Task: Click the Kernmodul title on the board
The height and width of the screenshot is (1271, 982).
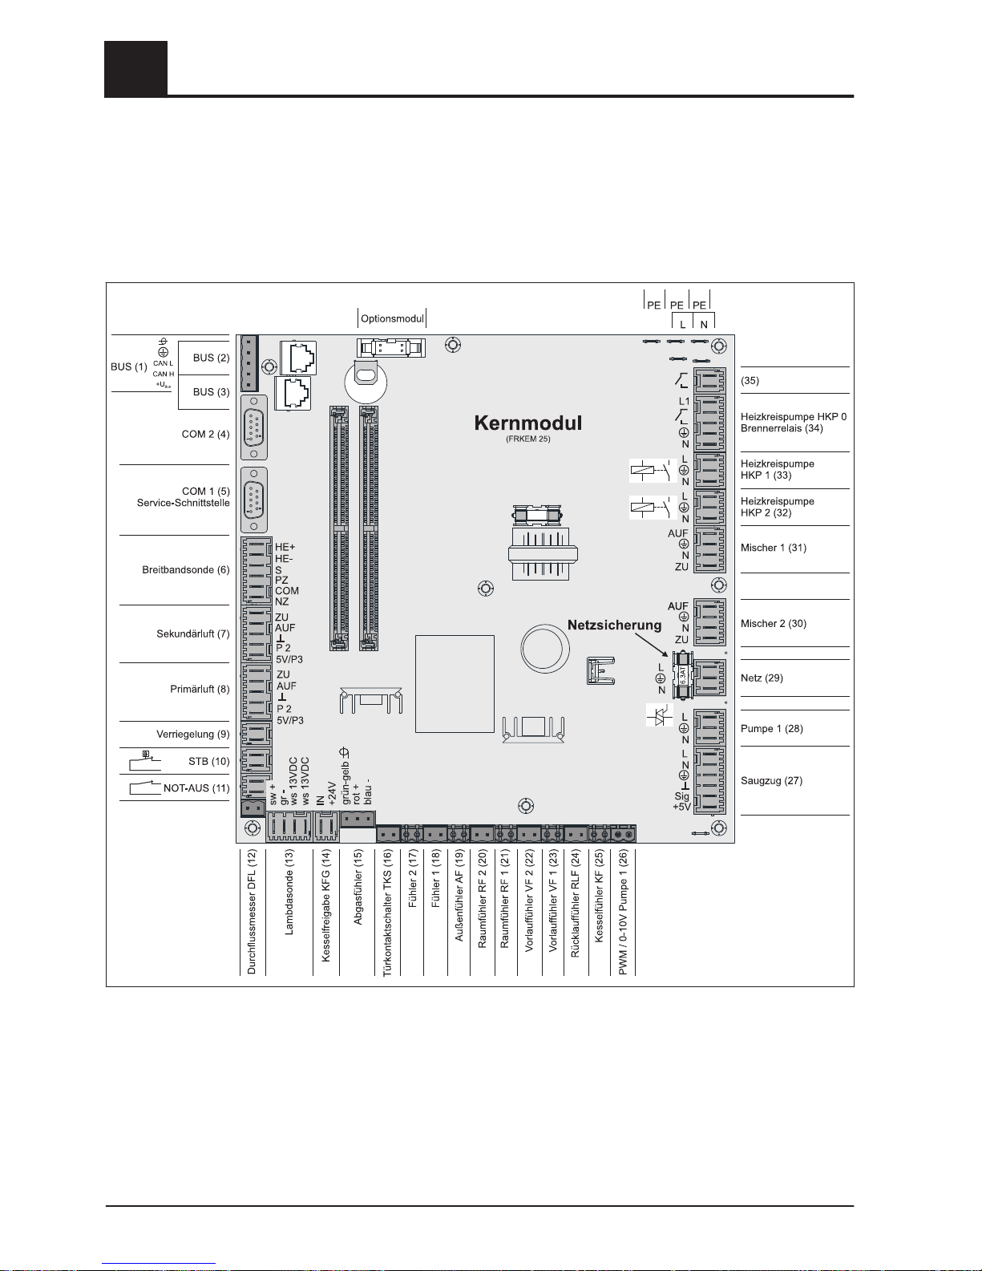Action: click(x=527, y=423)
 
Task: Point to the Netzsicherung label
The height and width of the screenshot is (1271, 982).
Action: click(x=615, y=625)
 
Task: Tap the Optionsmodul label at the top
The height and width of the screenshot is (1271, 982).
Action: click(x=392, y=318)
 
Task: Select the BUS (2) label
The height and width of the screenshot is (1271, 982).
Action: click(x=211, y=358)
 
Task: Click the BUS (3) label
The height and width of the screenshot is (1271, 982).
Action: click(x=211, y=392)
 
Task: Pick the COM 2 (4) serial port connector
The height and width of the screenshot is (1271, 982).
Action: click(x=253, y=434)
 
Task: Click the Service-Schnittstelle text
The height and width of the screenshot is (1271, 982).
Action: click(x=183, y=503)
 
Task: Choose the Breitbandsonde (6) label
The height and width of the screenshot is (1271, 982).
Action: click(x=185, y=570)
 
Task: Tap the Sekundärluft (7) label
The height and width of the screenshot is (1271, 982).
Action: click(x=192, y=633)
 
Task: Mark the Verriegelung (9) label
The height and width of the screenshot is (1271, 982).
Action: click(x=192, y=734)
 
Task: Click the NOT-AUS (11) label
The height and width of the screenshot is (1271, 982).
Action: click(x=196, y=788)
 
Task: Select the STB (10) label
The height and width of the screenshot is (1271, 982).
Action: click(x=208, y=761)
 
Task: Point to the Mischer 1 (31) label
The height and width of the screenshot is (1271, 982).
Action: click(x=773, y=548)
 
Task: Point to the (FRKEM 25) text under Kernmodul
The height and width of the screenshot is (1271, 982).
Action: click(x=527, y=439)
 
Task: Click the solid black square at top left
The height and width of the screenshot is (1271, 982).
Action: click(x=135, y=68)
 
